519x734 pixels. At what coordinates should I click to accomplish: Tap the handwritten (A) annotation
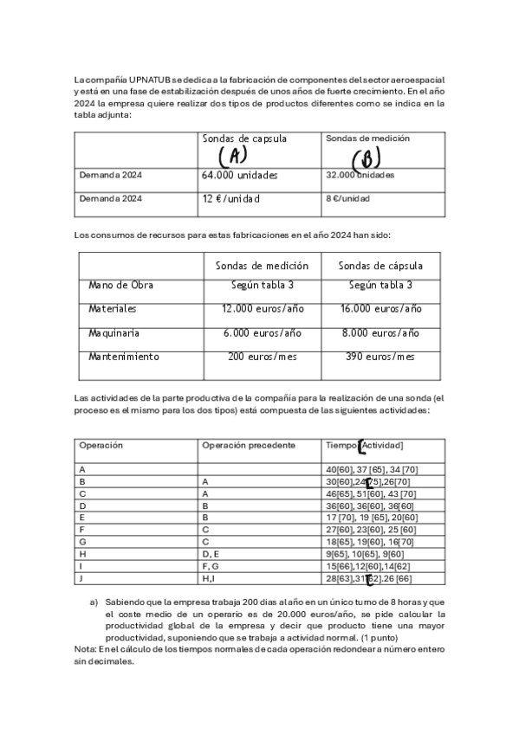[233, 157]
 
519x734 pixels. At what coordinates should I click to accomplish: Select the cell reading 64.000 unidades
[240, 175]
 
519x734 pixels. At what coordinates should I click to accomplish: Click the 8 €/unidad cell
[347, 198]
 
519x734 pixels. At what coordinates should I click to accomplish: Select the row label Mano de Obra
[120, 285]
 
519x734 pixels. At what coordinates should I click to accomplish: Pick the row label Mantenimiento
[124, 357]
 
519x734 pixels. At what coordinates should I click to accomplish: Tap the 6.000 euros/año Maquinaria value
[262, 332]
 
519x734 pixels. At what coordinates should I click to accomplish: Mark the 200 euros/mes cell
[262, 357]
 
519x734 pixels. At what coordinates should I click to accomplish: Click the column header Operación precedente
[249, 445]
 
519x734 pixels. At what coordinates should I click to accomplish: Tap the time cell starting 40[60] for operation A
[372, 469]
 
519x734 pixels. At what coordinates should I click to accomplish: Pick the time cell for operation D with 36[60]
[370, 505]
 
